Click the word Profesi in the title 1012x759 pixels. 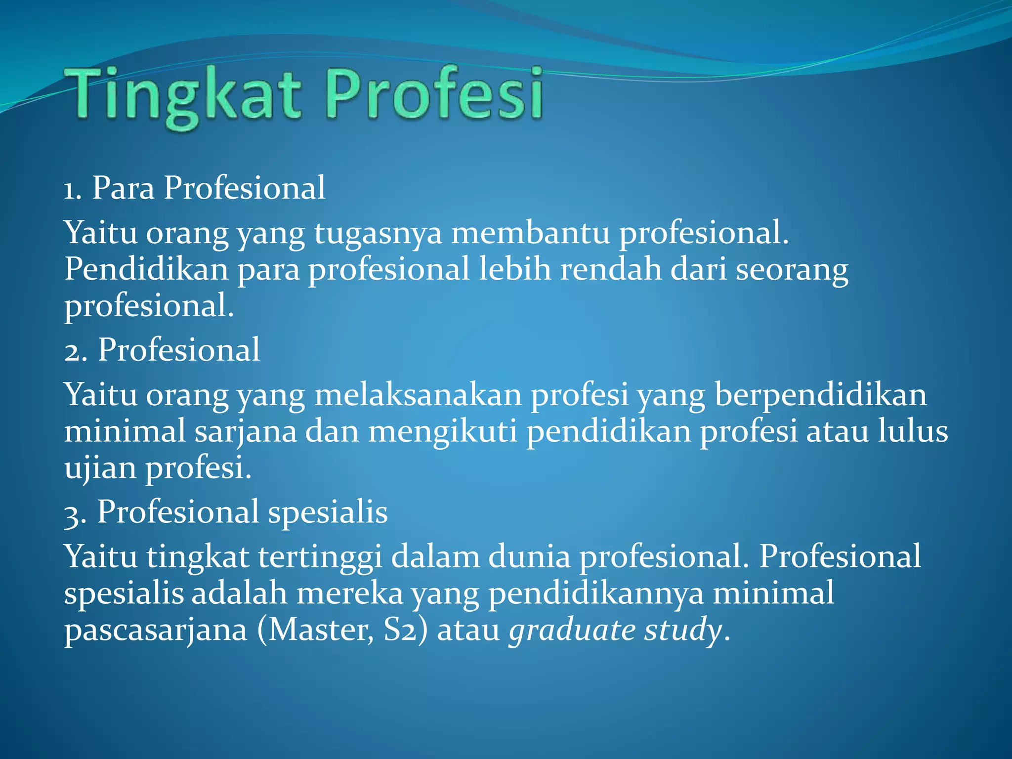pyautogui.click(x=434, y=94)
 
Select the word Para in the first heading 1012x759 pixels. pyautogui.click(x=123, y=188)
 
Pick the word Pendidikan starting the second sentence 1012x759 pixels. pyautogui.click(x=146, y=270)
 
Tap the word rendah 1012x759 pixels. pyautogui.click(x=610, y=270)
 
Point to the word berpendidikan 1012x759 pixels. pyautogui.click(x=820, y=396)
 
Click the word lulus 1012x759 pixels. pyautogui.click(x=912, y=431)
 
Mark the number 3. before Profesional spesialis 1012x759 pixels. pyautogui.click(x=75, y=513)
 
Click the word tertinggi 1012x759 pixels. pyautogui.click(x=320, y=557)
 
